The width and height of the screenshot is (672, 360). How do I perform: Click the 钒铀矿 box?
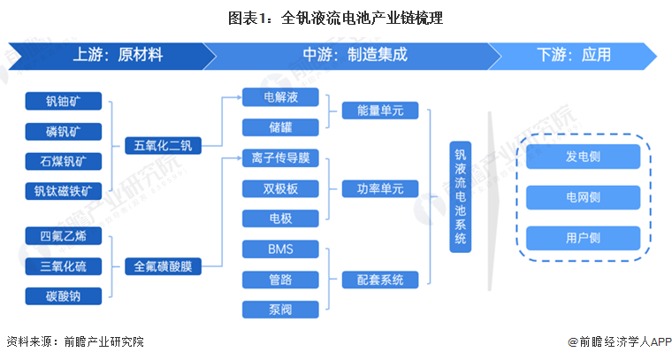tap(64, 101)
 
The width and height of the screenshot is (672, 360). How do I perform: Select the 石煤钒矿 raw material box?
tap(64, 161)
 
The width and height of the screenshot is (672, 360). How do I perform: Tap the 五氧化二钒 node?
tap(163, 146)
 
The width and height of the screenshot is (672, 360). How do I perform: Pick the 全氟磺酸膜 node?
tap(163, 266)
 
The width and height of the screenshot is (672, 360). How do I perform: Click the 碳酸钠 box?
tap(64, 296)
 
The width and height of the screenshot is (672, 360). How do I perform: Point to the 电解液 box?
tap(280, 97)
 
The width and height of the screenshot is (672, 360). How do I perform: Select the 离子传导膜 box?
tap(280, 157)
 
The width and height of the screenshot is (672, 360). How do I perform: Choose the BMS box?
tap(280, 249)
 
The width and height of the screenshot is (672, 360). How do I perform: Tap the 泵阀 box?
tap(280, 310)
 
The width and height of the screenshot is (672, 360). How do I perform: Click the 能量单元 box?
tap(380, 111)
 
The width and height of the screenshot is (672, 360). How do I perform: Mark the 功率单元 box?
tap(380, 188)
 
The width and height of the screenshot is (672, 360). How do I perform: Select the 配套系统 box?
tap(380, 280)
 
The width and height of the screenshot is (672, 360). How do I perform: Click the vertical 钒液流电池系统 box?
tap(461, 196)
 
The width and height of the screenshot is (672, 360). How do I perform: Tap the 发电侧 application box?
tap(584, 157)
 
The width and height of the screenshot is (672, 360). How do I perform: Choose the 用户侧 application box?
tap(584, 238)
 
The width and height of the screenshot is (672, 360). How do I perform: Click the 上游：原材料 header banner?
tap(112, 56)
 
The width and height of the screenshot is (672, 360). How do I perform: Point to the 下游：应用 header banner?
tap(573, 56)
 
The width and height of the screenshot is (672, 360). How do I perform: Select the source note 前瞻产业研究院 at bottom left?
tap(104, 341)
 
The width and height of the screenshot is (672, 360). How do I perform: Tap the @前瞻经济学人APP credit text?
tap(620, 341)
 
